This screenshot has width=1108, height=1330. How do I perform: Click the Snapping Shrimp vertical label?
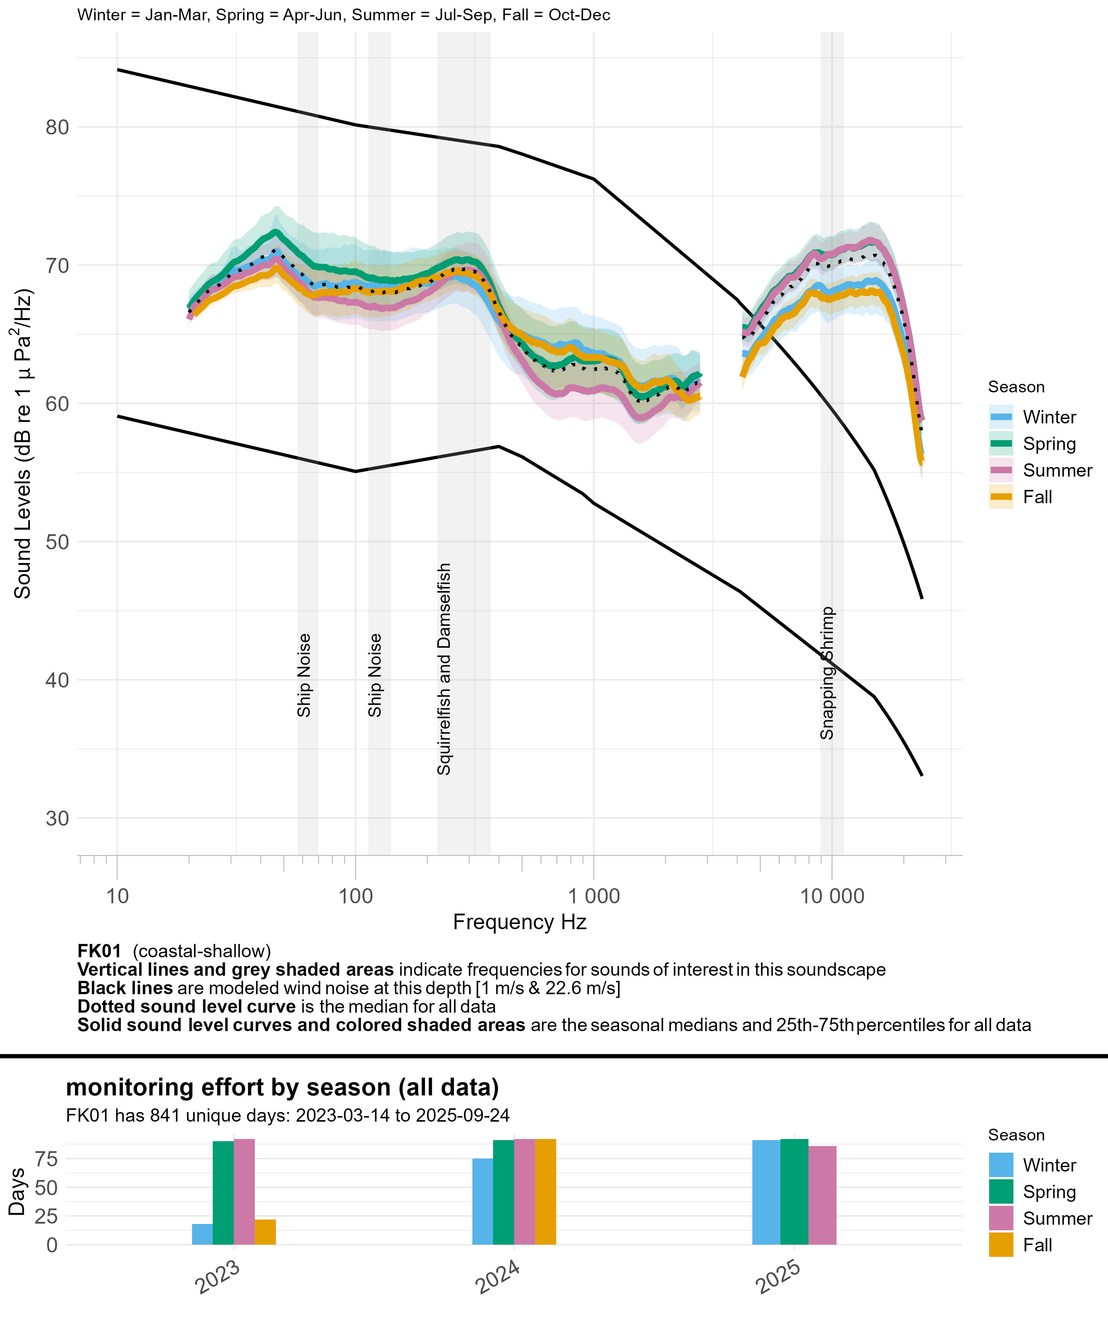(x=827, y=673)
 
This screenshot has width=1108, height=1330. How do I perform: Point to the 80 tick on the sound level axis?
(x=57, y=127)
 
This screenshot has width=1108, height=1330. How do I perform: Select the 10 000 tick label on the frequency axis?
(x=832, y=896)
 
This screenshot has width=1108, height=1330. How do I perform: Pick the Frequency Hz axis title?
(x=519, y=922)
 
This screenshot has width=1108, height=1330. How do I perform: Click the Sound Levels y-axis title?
(x=23, y=443)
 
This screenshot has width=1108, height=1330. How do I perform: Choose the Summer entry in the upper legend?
(x=1057, y=471)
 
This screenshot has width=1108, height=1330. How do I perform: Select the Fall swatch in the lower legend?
(x=1001, y=1245)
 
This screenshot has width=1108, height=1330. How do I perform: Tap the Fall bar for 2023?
(x=265, y=1232)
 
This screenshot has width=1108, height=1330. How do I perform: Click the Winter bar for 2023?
(x=203, y=1234)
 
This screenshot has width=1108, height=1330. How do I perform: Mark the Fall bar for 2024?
(x=546, y=1192)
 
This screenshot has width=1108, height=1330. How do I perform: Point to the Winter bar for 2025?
(x=766, y=1193)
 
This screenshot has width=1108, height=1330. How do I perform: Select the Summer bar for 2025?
(x=823, y=1195)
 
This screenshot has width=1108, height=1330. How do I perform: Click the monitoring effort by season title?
(x=283, y=1087)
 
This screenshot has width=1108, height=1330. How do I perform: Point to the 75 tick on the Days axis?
(x=46, y=1159)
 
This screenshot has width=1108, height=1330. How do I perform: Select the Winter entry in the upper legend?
(x=1049, y=417)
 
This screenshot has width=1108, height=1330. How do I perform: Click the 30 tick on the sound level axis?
(x=57, y=818)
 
